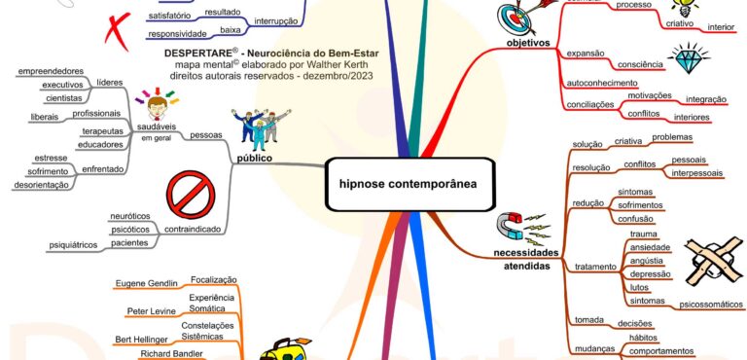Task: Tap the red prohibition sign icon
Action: (x=191, y=194)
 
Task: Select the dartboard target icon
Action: (x=516, y=18)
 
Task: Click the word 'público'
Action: (x=254, y=157)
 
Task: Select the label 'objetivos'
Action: (x=528, y=44)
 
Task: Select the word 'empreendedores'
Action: (x=51, y=70)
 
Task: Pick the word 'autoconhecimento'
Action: (x=603, y=84)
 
